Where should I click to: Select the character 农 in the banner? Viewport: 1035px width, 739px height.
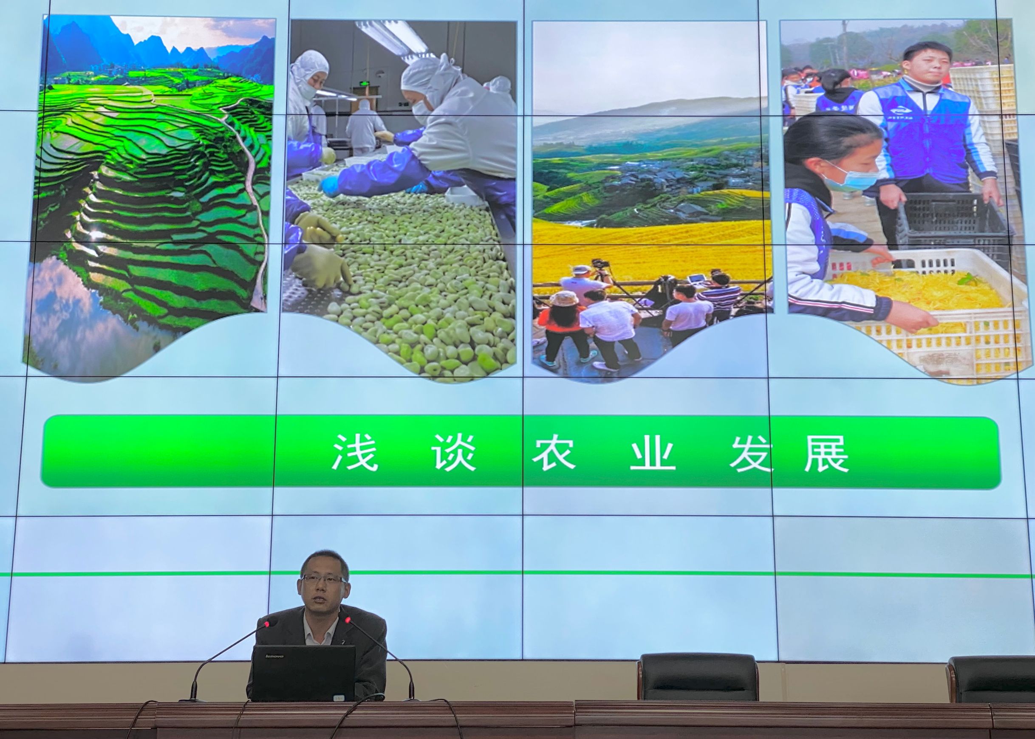[554, 453]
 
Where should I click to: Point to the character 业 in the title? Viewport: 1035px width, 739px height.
[652, 453]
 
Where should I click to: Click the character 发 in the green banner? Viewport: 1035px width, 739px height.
[751, 453]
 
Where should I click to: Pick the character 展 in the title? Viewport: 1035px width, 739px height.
[826, 453]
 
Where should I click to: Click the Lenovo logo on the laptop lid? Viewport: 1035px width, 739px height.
[274, 656]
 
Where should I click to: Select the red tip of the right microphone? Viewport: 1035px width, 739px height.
[348, 620]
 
